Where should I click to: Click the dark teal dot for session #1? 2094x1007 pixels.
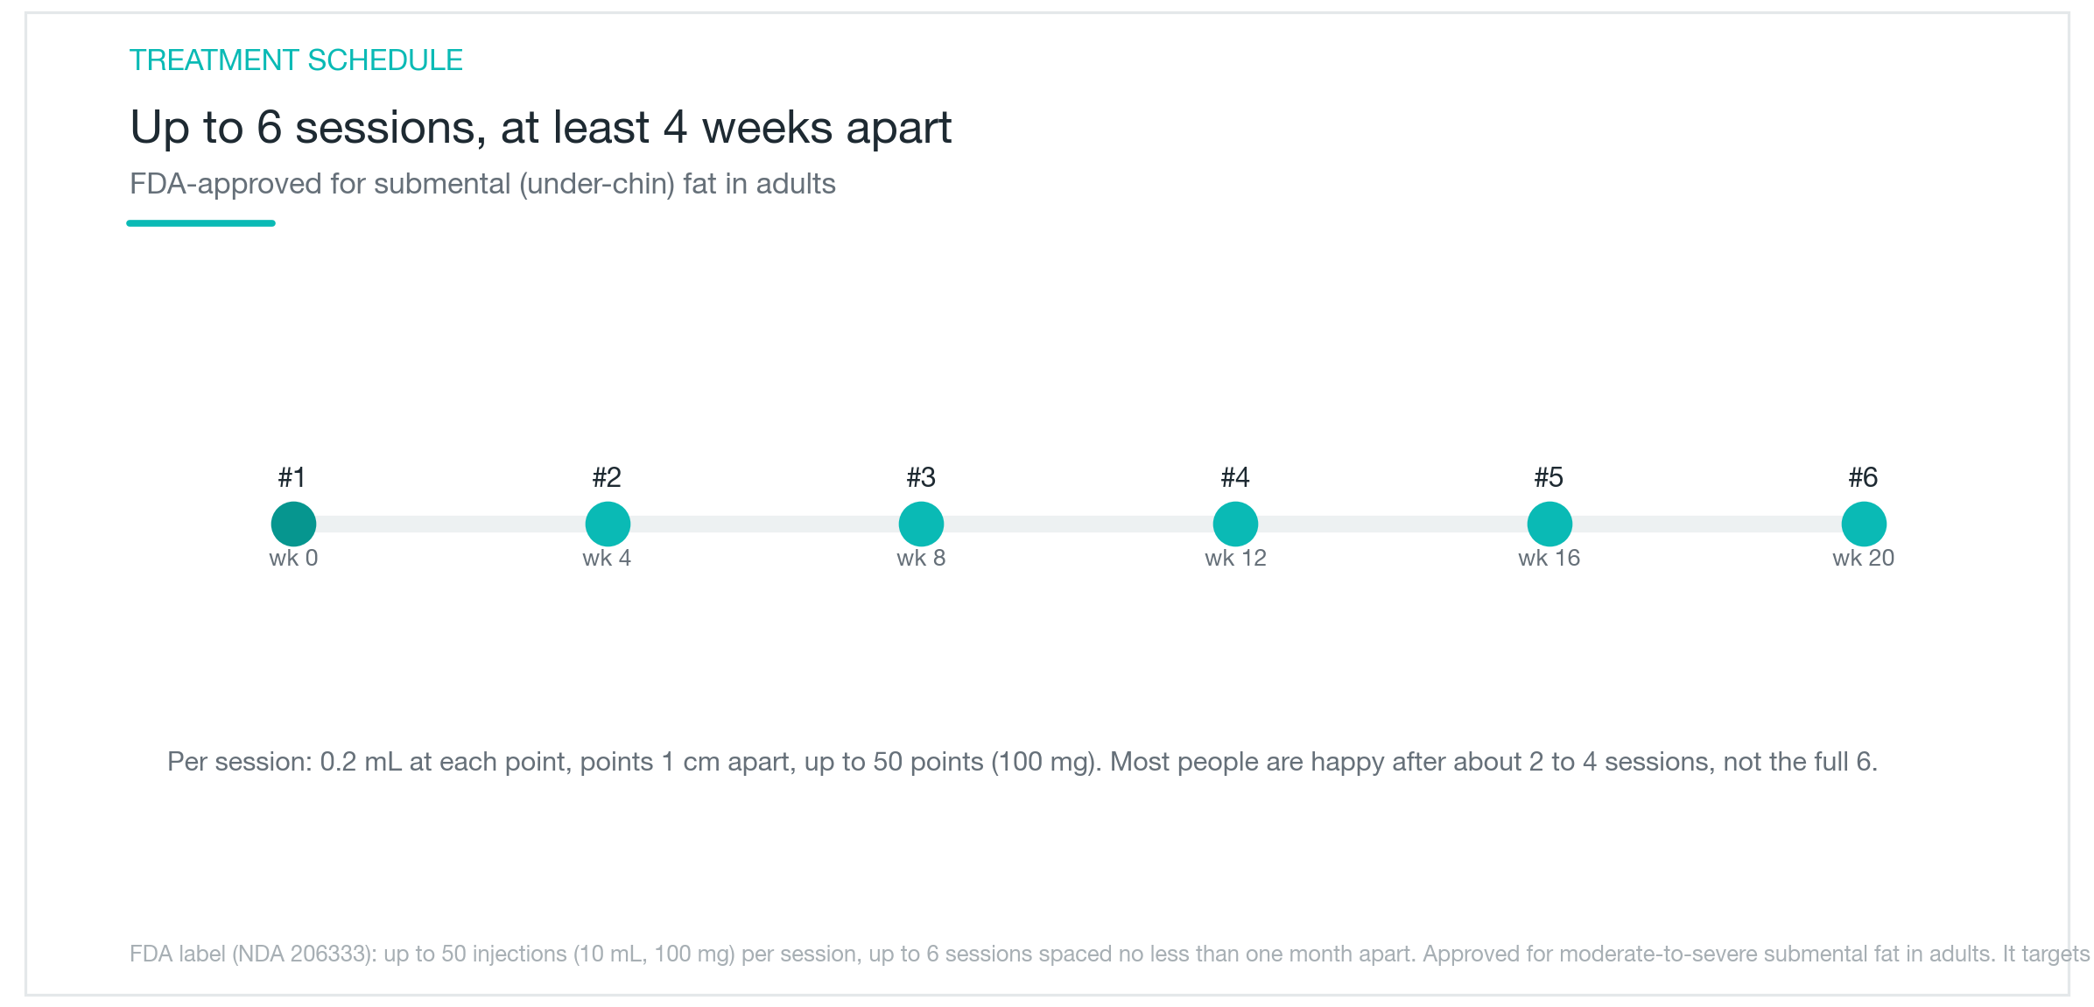coord(293,524)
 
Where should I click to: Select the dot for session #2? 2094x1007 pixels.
coord(608,524)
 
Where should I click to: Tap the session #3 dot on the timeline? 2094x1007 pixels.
coord(921,524)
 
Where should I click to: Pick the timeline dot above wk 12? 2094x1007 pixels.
coord(1235,524)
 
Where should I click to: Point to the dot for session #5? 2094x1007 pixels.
coord(1549,524)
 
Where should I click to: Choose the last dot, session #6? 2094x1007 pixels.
coord(1864,524)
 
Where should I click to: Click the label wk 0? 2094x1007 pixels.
coord(293,558)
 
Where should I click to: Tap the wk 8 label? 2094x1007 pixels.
coord(921,558)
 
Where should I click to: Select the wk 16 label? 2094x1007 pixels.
coord(1549,558)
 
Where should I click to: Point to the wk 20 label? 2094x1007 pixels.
coord(1864,558)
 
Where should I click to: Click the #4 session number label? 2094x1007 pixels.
coord(1235,477)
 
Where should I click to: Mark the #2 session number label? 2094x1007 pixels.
coord(607,477)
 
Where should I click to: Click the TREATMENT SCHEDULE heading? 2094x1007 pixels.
coord(296,60)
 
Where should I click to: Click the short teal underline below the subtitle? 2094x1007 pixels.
coord(200,223)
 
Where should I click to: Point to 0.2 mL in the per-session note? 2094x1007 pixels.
coord(361,762)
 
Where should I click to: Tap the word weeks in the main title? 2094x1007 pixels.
coord(767,128)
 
